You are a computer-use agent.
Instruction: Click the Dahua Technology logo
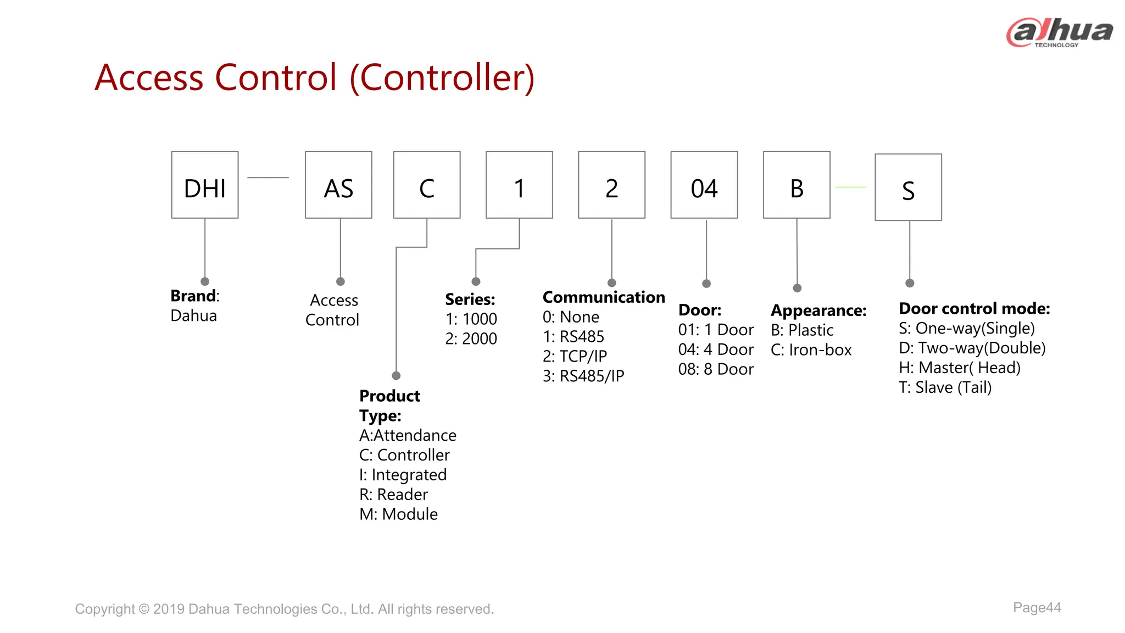(1059, 32)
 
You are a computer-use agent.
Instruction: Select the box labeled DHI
(205, 185)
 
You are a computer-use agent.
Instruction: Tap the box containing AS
(338, 185)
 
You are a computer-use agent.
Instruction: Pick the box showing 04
(704, 185)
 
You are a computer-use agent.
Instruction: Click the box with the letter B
(797, 185)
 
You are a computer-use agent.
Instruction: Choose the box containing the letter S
(908, 187)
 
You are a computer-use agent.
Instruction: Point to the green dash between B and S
(850, 187)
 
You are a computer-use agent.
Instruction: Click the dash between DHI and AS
(268, 177)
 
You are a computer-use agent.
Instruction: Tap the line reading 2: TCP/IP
(575, 357)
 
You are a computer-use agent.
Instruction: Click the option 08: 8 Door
(716, 369)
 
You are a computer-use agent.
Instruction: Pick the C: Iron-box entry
(811, 350)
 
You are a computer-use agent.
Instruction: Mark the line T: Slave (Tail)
(945, 387)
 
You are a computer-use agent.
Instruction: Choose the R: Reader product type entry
(393, 495)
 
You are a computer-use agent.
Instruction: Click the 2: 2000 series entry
(471, 338)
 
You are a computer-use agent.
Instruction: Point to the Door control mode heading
(974, 309)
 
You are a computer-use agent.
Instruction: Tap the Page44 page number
(1037, 608)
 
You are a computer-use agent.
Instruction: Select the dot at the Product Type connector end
(396, 376)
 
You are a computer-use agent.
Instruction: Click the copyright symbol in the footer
(144, 609)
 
